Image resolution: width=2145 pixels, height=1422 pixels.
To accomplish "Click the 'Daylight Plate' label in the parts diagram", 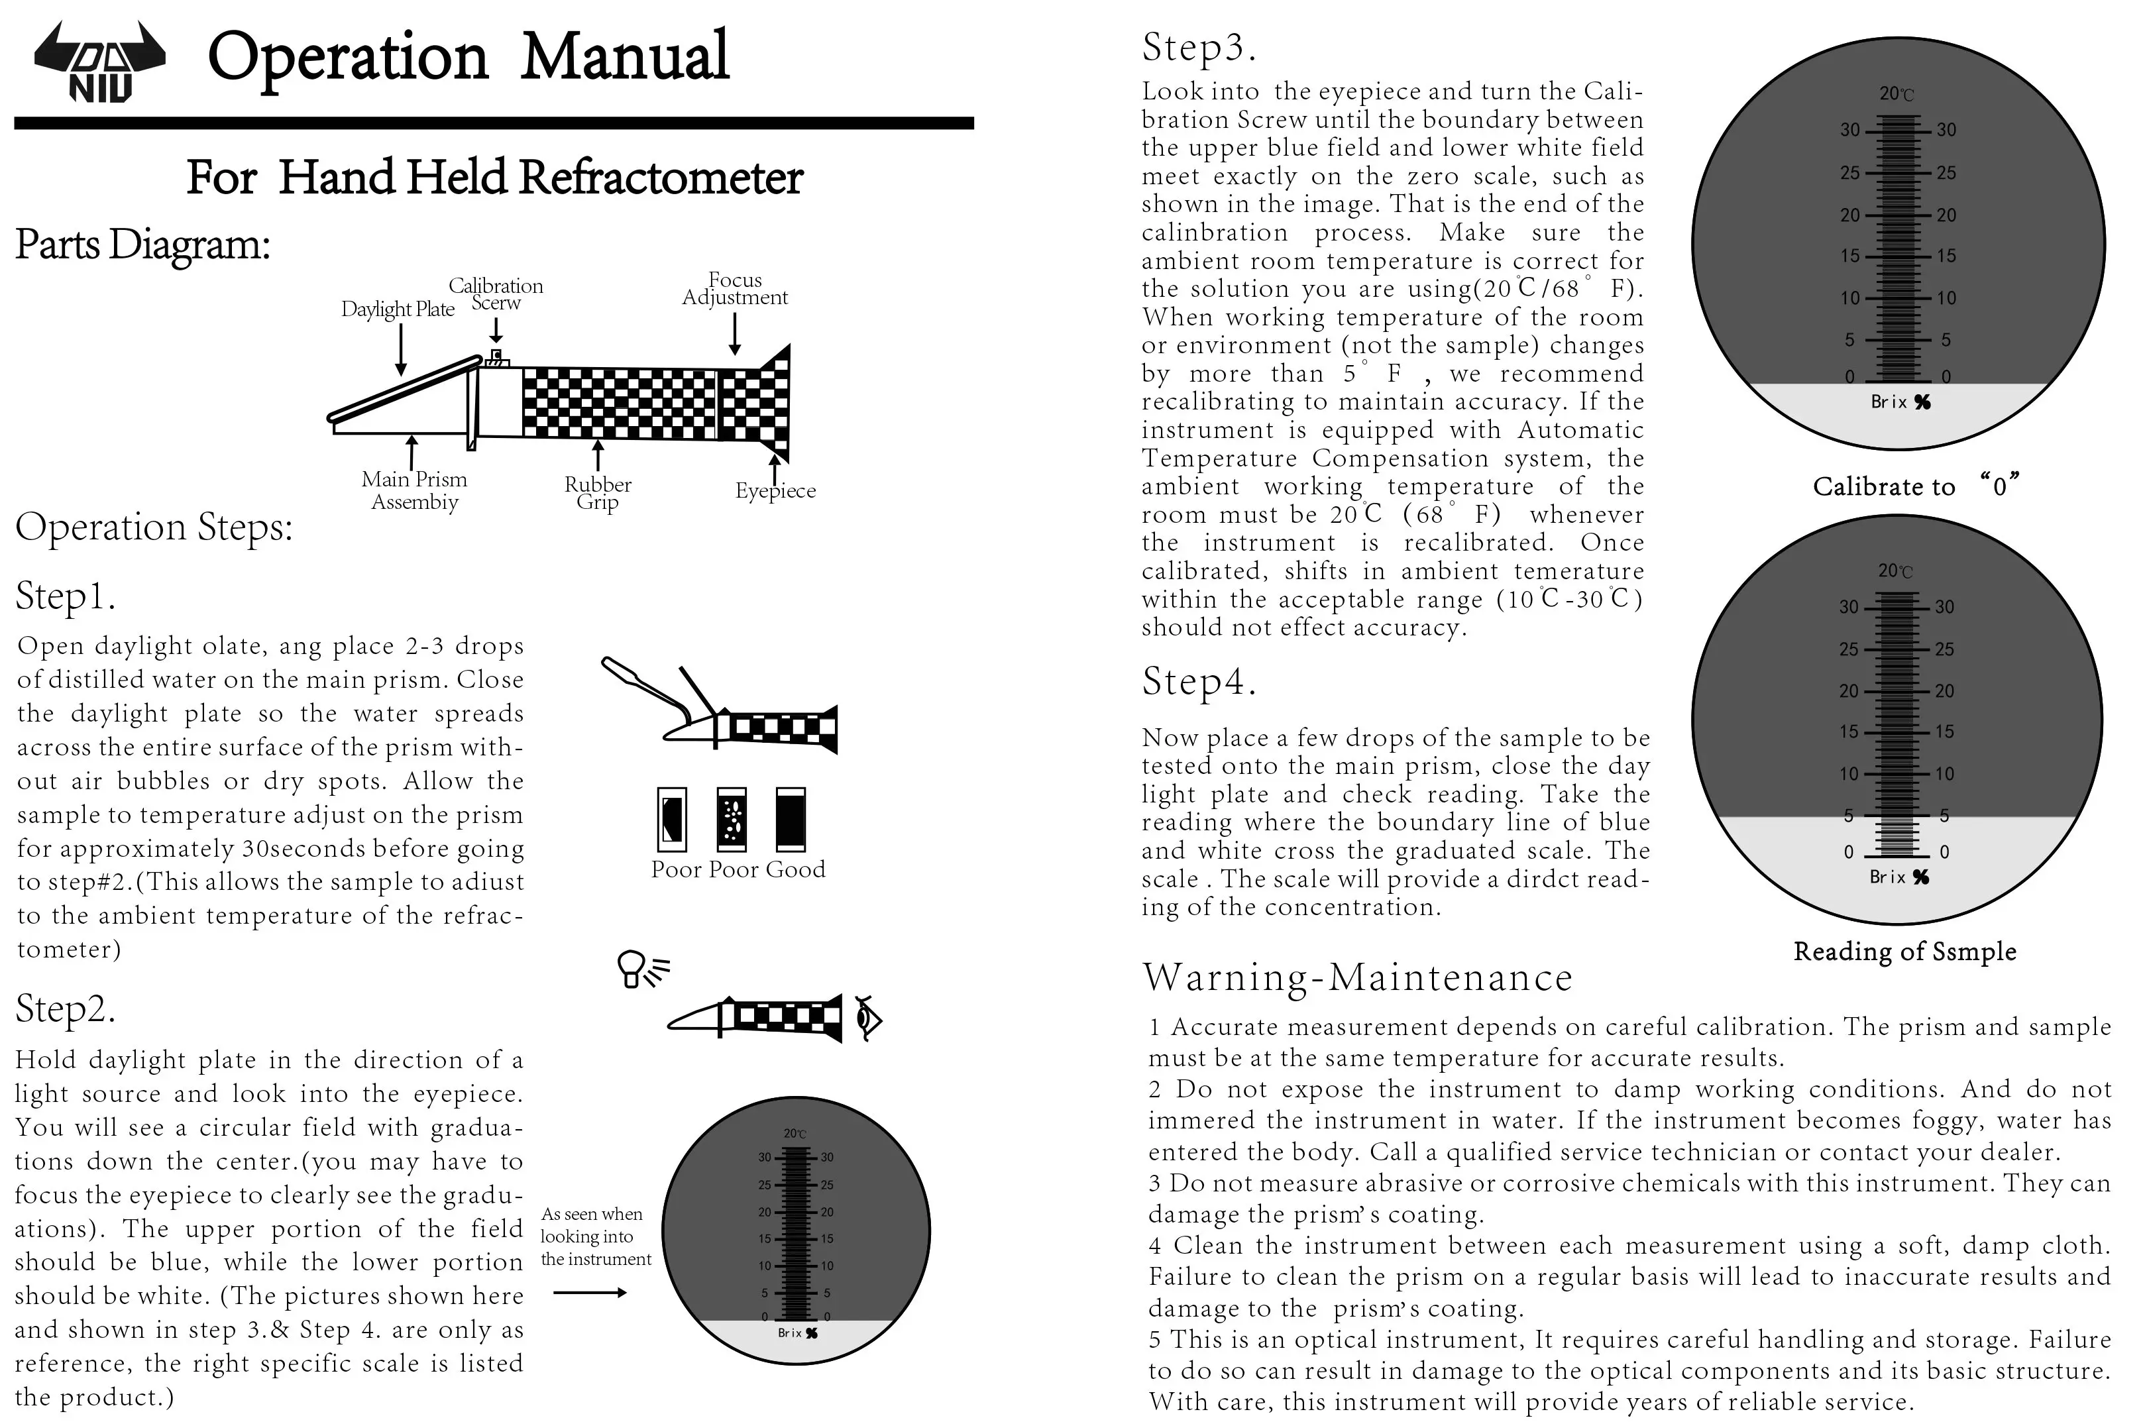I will tap(397, 309).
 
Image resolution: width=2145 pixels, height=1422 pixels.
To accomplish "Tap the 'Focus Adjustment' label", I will tap(735, 288).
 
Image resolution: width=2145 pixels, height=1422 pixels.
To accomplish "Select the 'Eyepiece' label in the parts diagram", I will tap(775, 490).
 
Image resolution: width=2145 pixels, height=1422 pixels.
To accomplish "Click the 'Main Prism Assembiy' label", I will tap(415, 490).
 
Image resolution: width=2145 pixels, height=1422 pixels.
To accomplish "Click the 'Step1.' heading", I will tap(66, 596).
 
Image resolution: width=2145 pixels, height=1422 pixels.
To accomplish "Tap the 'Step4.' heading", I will tap(1198, 681).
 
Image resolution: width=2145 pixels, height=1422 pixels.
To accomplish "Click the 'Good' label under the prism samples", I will tap(795, 869).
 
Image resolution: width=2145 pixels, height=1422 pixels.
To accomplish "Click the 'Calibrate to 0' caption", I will tap(1914, 486).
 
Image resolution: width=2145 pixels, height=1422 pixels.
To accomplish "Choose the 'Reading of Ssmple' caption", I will tap(1904, 952).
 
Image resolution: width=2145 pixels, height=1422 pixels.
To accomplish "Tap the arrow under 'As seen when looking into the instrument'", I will tap(590, 1292).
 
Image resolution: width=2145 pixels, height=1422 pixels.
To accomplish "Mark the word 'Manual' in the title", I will tap(625, 56).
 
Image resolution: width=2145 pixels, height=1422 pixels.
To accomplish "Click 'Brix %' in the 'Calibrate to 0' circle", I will tap(1900, 402).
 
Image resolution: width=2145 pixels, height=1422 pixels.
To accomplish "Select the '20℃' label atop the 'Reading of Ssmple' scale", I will tap(1895, 571).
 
